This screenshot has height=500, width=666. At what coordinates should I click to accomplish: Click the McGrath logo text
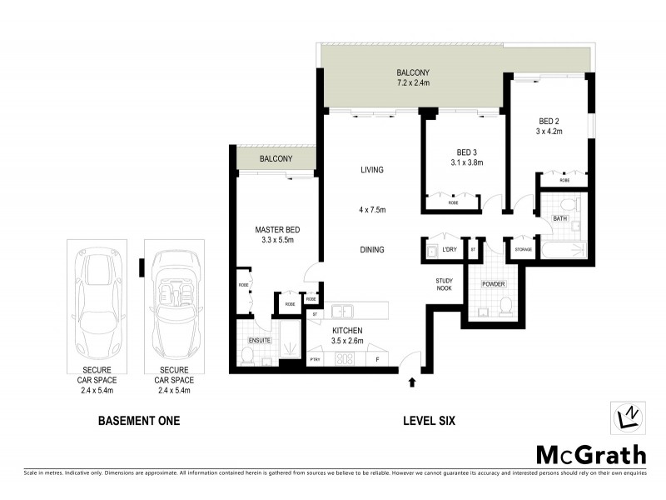[589, 454]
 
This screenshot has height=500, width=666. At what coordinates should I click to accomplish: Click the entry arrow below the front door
[412, 383]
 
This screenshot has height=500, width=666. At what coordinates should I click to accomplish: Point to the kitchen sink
[341, 312]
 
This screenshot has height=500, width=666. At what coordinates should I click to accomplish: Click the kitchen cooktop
[344, 359]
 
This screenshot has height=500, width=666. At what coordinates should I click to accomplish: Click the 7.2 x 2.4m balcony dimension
[412, 83]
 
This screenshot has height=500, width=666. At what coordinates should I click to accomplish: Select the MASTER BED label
[277, 230]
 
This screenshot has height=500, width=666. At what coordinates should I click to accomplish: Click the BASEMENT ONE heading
[139, 421]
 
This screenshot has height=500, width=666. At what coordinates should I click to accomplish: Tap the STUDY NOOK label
[444, 285]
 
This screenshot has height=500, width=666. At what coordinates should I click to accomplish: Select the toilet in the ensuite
[247, 357]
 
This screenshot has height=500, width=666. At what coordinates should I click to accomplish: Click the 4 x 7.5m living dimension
[371, 209]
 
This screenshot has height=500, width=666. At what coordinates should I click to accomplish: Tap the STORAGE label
[523, 249]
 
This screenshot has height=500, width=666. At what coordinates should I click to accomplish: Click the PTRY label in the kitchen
[315, 360]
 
